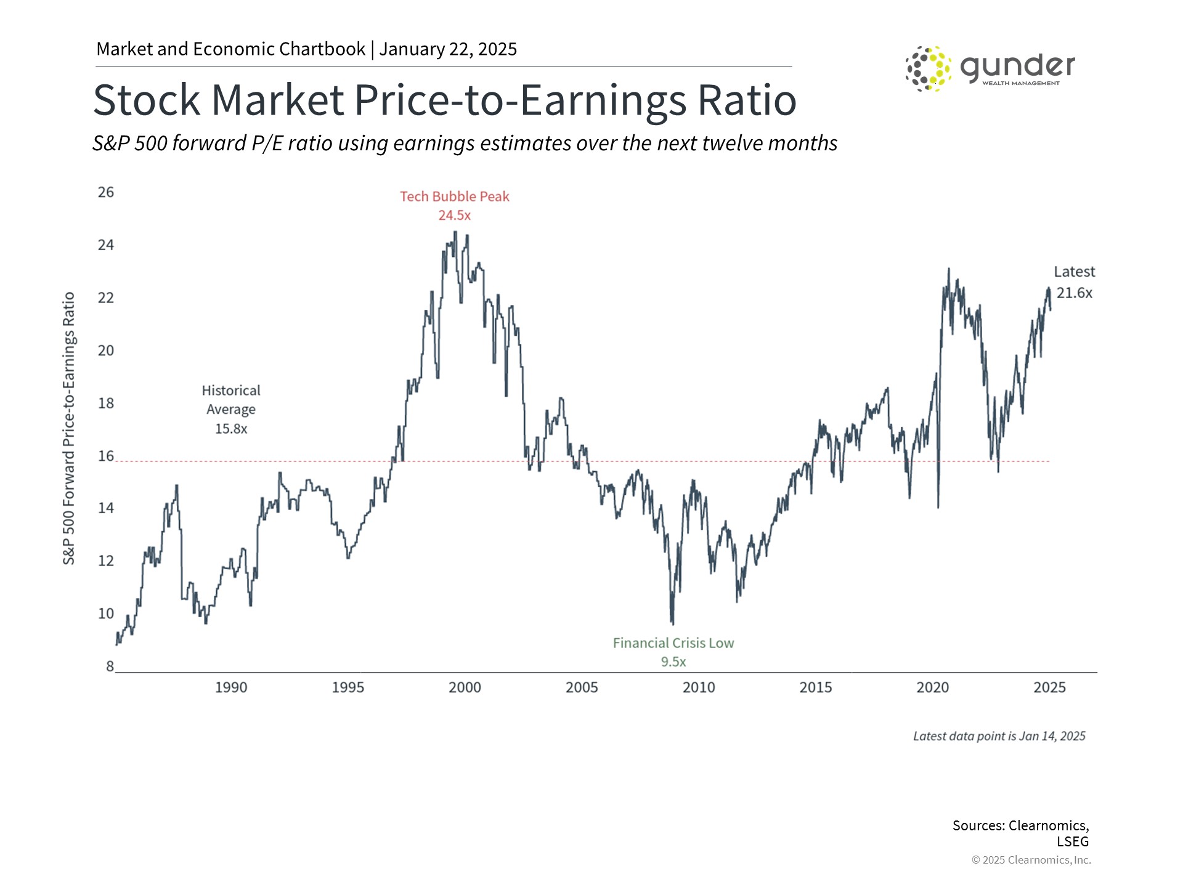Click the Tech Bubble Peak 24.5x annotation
(455, 206)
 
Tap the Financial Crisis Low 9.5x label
(673, 652)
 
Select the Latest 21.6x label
(1074, 282)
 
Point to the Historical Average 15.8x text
(231, 409)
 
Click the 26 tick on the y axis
(106, 192)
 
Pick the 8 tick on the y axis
(110, 666)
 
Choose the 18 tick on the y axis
(106, 403)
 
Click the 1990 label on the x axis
(231, 687)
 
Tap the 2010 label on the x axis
(699, 687)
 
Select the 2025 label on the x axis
(1049, 687)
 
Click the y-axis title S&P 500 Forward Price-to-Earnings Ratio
(68, 428)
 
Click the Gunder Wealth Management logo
(990, 68)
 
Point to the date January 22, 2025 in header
(448, 49)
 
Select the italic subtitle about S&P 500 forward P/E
(465, 143)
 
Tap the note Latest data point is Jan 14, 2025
(999, 736)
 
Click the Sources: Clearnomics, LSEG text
(1021, 833)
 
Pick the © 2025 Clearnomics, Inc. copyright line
(1031, 860)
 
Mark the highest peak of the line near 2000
(455, 232)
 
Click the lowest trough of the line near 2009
(672, 623)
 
